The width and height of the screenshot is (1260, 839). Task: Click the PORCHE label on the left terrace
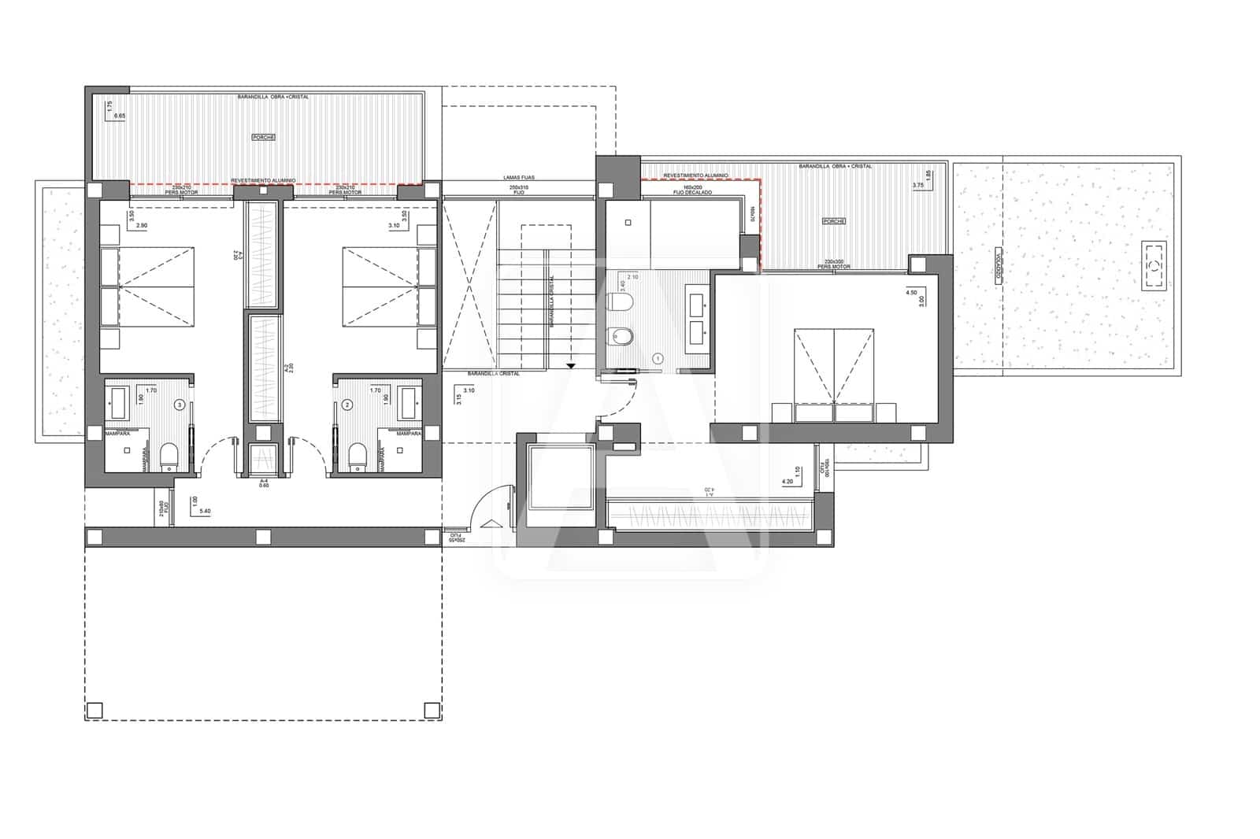coord(263,137)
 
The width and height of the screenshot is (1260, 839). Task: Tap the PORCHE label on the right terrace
coord(833,221)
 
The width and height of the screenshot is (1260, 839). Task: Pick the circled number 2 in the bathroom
coord(347,405)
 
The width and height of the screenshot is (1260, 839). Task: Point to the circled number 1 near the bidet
coord(658,358)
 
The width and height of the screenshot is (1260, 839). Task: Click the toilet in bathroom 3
coord(169,455)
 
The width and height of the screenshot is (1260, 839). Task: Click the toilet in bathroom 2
coord(358,455)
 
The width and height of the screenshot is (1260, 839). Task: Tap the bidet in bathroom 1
coord(621,338)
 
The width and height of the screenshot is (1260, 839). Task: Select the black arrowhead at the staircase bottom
coord(570,366)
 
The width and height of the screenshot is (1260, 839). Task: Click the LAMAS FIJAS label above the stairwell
coord(519,178)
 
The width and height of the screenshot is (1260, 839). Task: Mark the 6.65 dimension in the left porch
coord(120,116)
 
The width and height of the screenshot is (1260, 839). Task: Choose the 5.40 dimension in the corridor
coord(206,512)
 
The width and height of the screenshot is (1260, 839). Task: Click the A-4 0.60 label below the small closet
coord(265,482)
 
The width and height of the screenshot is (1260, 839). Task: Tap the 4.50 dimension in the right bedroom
coord(912,292)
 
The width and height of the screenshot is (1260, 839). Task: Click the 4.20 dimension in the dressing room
coord(787,481)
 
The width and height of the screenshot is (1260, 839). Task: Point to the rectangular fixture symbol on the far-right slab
coord(1154,267)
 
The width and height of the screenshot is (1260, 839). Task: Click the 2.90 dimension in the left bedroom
coord(142,226)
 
